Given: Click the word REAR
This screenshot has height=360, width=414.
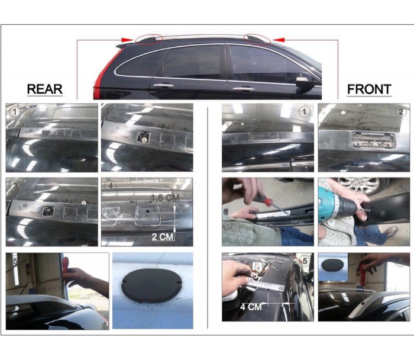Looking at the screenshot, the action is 44,89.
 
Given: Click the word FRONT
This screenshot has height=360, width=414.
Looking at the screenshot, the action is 369,89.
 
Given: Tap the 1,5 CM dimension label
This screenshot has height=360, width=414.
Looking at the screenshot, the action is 166,198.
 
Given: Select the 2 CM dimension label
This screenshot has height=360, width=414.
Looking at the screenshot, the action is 163,237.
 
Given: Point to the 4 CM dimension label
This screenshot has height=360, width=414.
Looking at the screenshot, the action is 251,307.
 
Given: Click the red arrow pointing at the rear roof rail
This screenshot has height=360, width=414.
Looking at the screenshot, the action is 127,40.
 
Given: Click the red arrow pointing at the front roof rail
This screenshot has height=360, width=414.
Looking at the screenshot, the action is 279,40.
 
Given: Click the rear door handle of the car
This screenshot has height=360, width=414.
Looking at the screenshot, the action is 164,86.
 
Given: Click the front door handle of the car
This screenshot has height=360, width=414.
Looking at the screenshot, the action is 244,89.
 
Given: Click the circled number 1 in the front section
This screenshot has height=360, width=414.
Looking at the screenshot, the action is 304,112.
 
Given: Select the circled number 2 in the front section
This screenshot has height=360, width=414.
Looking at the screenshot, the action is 400,112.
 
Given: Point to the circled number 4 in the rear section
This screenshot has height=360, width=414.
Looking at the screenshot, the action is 111,185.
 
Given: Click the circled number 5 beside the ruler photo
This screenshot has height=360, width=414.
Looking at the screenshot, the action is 305,261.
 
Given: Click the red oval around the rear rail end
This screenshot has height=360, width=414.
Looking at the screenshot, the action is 148,39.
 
